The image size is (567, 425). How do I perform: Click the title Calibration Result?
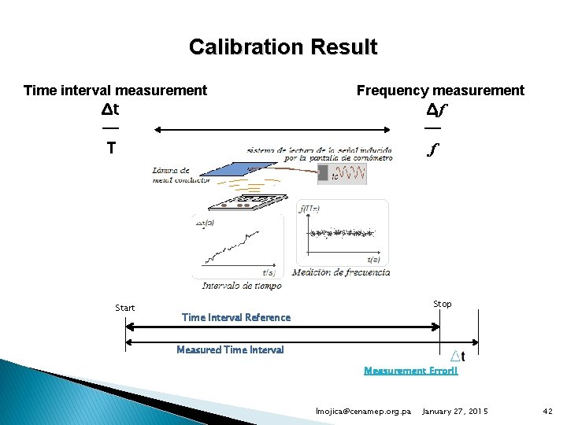point(283,47)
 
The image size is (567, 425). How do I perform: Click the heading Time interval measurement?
point(115,91)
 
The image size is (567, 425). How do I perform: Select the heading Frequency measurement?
point(440,91)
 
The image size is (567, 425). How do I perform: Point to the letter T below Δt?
point(111,147)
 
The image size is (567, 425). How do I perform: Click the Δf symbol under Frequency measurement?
point(434,109)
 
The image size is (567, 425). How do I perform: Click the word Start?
point(125,308)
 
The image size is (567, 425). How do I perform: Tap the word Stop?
point(443,304)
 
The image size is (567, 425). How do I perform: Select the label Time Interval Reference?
point(235,318)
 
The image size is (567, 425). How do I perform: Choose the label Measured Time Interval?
point(230,350)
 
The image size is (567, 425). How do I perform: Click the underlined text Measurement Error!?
point(410,370)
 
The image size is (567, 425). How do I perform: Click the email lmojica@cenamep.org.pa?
point(363,412)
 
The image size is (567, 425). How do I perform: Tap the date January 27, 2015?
point(455,412)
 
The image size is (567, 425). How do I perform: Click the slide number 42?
point(548,412)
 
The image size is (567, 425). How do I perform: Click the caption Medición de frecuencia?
point(341,273)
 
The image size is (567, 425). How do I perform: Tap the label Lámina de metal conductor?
point(182,176)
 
